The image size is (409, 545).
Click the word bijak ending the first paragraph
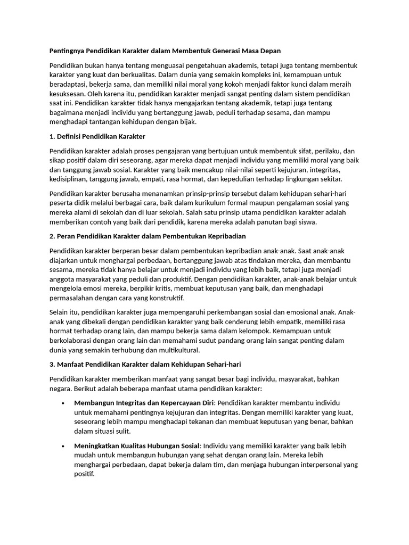point(187,121)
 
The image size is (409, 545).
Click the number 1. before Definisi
point(52,137)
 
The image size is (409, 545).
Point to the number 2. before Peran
point(52,236)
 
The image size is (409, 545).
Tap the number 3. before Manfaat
point(52,364)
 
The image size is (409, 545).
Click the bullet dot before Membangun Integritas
point(63,403)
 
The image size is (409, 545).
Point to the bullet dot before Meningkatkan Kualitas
point(63,446)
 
